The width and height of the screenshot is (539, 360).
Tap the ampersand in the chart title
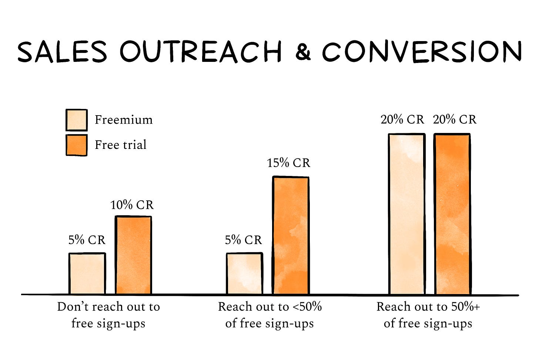coord(303,52)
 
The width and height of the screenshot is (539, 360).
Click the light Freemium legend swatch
coord(77,120)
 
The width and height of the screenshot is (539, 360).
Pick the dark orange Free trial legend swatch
coord(77,145)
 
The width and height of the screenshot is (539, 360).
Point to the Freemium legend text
coord(124,120)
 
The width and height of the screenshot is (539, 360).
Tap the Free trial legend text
coord(121,145)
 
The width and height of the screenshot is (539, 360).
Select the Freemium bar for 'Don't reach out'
coord(87,274)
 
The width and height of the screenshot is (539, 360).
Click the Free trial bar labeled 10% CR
coord(133,255)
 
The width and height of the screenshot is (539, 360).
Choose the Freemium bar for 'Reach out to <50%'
coord(244,274)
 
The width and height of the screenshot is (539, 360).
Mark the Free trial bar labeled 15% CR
coord(291,236)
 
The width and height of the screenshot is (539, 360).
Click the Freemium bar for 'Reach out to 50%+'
coord(406,214)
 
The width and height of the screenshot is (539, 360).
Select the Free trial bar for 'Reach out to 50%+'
coord(452,214)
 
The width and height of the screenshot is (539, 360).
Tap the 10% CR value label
coord(132,205)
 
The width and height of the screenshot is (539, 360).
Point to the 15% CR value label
coord(289,163)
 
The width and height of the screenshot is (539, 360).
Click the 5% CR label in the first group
coord(87,240)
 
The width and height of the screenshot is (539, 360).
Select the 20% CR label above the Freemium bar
coord(402,120)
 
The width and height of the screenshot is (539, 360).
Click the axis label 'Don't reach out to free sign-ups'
coord(108,315)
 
